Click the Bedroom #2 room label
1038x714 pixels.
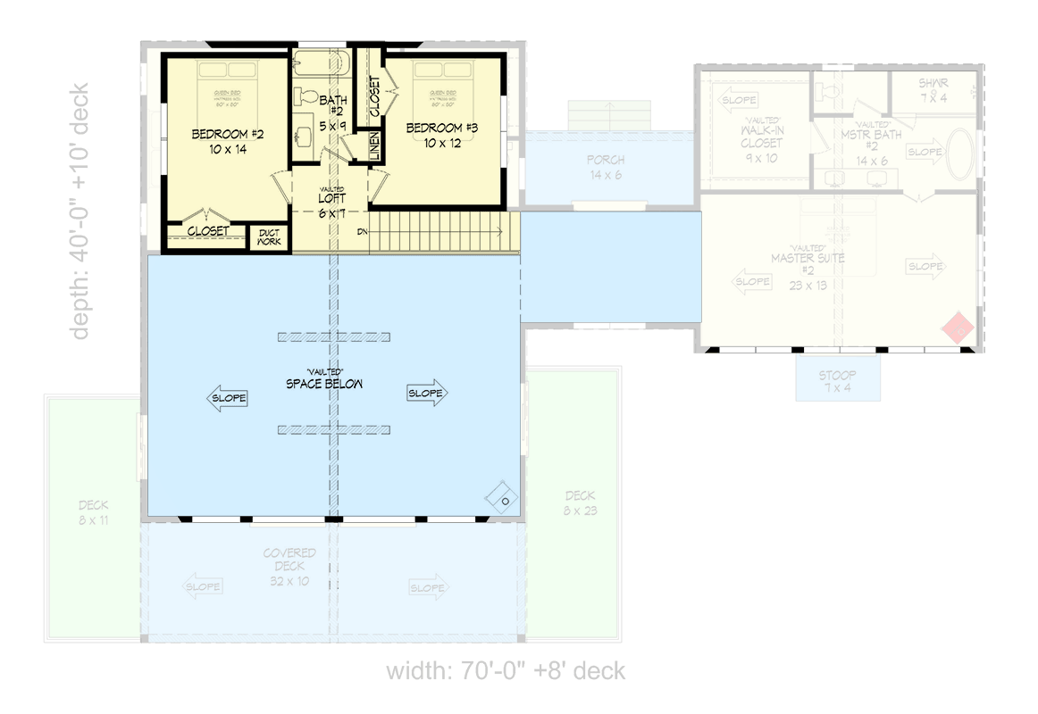coord(228,142)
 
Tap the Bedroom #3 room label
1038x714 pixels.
coord(442,135)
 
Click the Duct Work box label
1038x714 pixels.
coord(269,237)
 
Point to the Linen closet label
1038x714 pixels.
coord(374,147)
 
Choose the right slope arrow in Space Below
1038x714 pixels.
coord(427,394)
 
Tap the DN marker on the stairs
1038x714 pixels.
coord(362,231)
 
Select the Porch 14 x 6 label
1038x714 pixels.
coord(606,167)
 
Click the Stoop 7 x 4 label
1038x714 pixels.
coord(838,381)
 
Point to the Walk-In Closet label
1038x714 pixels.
coord(760,138)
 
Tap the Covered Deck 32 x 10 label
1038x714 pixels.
coord(289,567)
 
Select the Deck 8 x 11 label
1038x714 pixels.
coord(93,512)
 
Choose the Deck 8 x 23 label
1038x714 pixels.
coord(580,503)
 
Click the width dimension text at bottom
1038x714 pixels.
coord(506,671)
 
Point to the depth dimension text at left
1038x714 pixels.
coord(80,211)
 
